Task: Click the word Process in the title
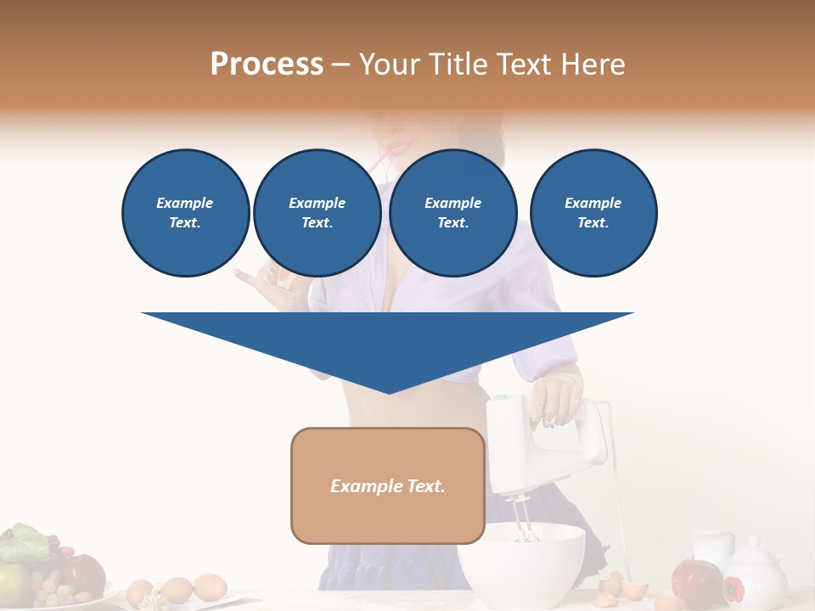[267, 64]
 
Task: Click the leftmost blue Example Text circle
[185, 213]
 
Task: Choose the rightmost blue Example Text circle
[593, 213]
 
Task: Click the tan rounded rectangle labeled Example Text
[388, 485]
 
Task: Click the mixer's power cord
[618, 492]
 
